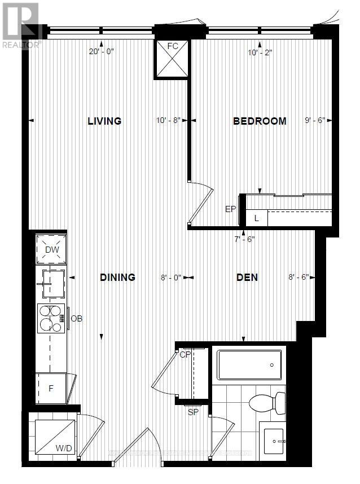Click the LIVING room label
pos(104,121)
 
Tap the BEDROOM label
pos(260,121)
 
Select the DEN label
pos(247,277)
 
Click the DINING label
pos(117,277)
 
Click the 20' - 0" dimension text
pos(102,52)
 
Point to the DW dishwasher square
pos(51,249)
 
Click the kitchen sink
pos(51,283)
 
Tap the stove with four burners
pos(51,319)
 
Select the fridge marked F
pos(51,389)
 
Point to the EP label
pos(230,209)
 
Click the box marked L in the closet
pos(257,218)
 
